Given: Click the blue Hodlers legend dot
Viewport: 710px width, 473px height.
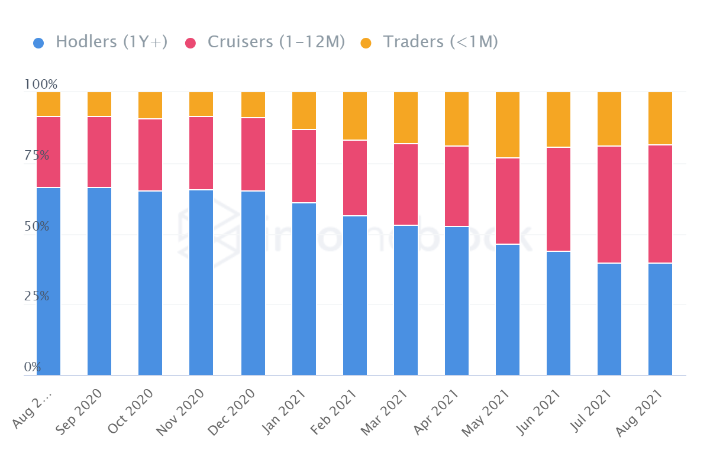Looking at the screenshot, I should [38, 43].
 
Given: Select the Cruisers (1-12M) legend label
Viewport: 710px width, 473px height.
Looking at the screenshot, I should [276, 42].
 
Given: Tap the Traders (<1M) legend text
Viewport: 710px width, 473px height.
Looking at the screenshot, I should [440, 42].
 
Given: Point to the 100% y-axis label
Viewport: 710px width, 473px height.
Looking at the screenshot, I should [40, 85].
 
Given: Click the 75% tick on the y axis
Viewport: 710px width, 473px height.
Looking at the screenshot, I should [36, 155].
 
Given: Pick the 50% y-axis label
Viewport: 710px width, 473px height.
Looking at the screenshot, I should [36, 226].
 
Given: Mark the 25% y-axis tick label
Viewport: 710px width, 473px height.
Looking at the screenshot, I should [36, 296].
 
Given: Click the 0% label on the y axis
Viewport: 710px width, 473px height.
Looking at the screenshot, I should [33, 367].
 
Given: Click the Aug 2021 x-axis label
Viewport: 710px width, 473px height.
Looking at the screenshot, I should [641, 412].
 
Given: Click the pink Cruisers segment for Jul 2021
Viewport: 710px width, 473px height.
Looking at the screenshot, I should [609, 204].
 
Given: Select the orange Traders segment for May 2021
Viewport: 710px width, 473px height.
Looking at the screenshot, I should [508, 125].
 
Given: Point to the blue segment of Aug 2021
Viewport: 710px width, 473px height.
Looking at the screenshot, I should [660, 319].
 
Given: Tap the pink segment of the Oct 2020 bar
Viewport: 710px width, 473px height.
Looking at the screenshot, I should [150, 155].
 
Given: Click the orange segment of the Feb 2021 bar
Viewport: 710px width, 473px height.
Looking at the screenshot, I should [355, 116].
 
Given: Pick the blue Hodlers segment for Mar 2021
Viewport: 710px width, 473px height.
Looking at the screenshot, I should [406, 300].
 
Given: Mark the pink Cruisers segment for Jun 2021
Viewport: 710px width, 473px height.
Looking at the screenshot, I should [559, 199].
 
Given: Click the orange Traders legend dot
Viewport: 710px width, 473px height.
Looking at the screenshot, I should [366, 43].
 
